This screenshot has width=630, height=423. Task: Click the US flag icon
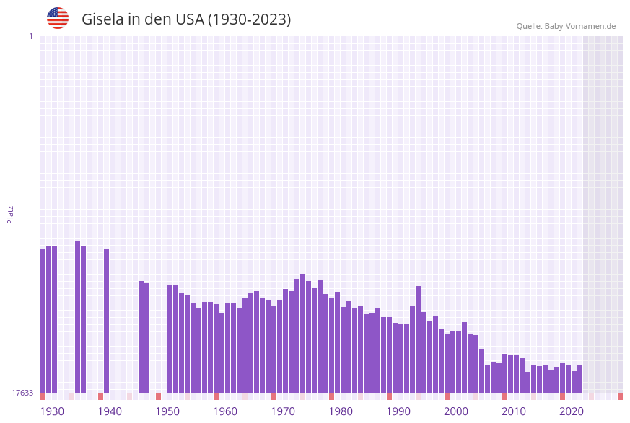pyautogui.click(x=58, y=18)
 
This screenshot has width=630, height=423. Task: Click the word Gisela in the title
pyautogui.click(x=103, y=19)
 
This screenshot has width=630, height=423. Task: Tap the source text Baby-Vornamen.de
pyautogui.click(x=580, y=26)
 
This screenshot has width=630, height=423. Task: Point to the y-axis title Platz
pyautogui.click(x=10, y=214)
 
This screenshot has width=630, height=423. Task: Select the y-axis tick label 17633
pyautogui.click(x=22, y=393)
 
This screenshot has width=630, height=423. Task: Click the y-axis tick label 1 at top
pyautogui.click(x=30, y=36)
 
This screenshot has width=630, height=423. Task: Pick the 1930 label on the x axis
pyautogui.click(x=51, y=411)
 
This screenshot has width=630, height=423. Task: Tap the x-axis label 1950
pyautogui.click(x=167, y=411)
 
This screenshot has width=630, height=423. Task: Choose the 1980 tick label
pyautogui.click(x=341, y=411)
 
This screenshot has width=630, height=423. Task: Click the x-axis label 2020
pyautogui.click(x=572, y=411)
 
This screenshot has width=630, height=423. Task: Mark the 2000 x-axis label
pyautogui.click(x=456, y=411)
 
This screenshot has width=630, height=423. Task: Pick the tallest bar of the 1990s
pyautogui.click(x=418, y=339)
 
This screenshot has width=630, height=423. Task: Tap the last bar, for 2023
pyautogui.click(x=579, y=378)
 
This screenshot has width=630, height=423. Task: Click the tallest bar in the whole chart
pyautogui.click(x=77, y=317)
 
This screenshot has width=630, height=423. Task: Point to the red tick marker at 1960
pyautogui.click(x=216, y=396)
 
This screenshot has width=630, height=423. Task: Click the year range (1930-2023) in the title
pyautogui.click(x=249, y=19)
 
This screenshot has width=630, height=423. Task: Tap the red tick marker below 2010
pyautogui.click(x=504, y=396)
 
